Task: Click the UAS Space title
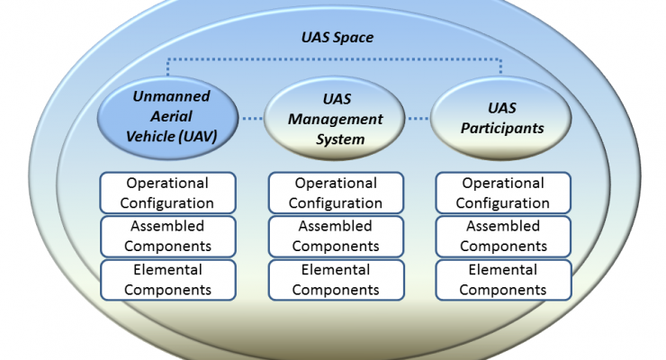tap(337, 38)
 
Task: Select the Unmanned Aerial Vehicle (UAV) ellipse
tap(168, 118)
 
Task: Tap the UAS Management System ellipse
tap(334, 118)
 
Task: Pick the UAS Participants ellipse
tap(500, 118)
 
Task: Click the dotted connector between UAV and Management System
tap(252, 119)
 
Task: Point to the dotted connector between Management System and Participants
tap(418, 119)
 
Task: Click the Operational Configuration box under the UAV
tap(167, 193)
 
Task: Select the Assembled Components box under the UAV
tap(167, 237)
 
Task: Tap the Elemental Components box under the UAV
tap(167, 280)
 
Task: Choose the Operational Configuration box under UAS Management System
tap(336, 193)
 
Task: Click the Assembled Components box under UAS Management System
tap(336, 237)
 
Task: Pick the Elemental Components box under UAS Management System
tap(336, 280)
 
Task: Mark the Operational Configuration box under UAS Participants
tap(503, 193)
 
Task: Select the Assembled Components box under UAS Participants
tap(503, 237)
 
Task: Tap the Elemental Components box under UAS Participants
tap(503, 280)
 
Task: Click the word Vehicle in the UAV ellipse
tap(150, 137)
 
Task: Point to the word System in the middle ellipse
tap(340, 139)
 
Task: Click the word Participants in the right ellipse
tap(502, 128)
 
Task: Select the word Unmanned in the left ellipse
tap(171, 96)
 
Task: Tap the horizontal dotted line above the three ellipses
tap(334, 59)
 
